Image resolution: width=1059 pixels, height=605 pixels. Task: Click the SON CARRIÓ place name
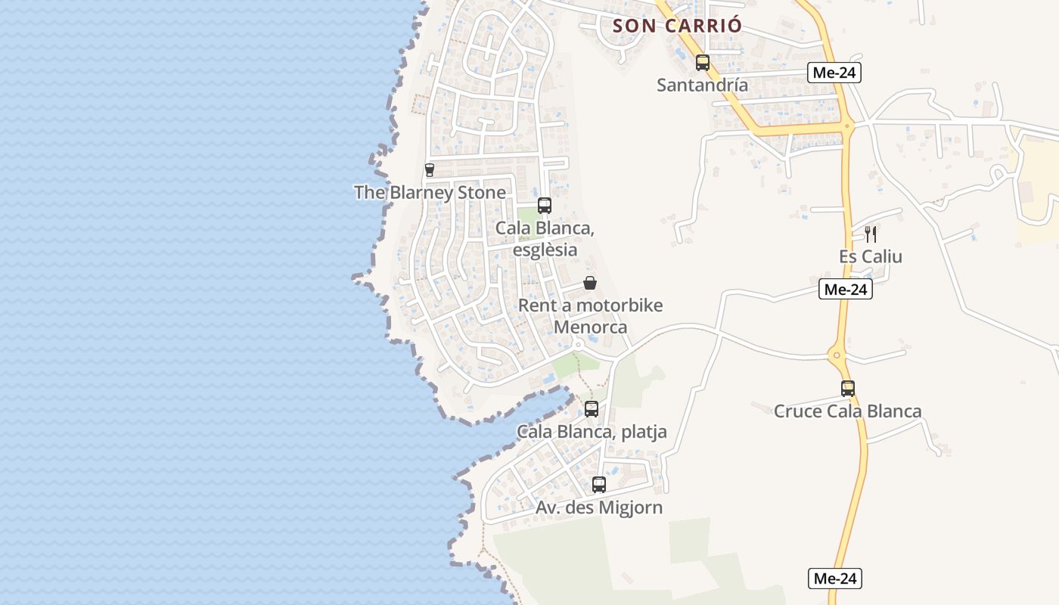pos(677,26)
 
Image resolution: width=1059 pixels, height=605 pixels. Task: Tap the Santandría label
pos(702,85)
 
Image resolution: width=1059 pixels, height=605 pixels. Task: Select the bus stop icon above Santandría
pos(703,63)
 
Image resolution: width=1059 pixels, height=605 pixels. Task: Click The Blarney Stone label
pos(430,192)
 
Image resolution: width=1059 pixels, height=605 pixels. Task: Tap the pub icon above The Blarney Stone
pos(430,170)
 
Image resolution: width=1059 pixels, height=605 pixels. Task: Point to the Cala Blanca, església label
pos(545,238)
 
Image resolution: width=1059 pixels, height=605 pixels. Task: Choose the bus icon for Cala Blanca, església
pos(545,206)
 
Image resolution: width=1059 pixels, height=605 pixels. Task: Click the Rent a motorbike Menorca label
pos(590,316)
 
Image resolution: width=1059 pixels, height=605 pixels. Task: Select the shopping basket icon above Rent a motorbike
pos(590,284)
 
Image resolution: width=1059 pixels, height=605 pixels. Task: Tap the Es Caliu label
pos(871,256)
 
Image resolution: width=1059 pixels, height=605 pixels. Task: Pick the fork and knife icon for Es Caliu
pos(871,234)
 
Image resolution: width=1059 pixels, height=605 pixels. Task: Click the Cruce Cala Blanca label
pos(847,411)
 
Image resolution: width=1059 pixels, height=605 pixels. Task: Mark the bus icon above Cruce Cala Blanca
pos(848,389)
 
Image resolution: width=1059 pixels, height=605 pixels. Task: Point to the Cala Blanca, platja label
pos(592,432)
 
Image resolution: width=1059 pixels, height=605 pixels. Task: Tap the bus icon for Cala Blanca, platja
pos(592,409)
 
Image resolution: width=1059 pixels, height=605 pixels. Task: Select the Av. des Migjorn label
pos(599,507)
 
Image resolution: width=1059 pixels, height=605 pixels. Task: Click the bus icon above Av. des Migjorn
pos(599,485)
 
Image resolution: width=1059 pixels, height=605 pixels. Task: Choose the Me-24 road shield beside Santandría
pos(834,73)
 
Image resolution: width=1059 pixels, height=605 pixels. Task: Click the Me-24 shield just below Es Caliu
pos(846,289)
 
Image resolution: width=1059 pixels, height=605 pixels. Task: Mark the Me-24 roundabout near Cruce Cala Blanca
pos(837,354)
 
